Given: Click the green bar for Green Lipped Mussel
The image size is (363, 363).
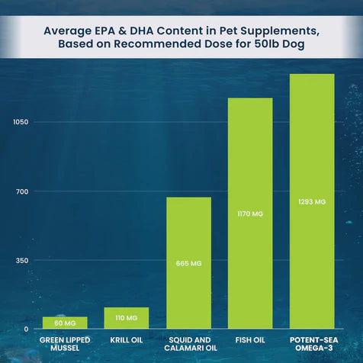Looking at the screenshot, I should [65, 323].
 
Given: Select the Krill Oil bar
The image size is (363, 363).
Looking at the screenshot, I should [127, 318].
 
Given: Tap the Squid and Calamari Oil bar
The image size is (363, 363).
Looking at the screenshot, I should [188, 263].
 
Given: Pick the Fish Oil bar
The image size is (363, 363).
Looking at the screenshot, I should [250, 214].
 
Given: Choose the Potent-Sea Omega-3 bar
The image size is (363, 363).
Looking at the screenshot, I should [312, 201].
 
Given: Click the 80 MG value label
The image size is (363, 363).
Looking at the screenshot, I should [65, 323].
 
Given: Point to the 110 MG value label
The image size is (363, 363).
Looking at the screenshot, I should [127, 317].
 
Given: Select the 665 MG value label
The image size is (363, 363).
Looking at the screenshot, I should [188, 264].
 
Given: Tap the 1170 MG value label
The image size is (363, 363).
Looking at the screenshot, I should [250, 214].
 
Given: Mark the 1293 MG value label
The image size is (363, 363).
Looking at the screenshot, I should [312, 202].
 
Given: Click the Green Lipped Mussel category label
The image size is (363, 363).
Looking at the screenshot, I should [65, 343].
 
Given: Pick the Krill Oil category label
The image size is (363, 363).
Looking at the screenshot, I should [127, 339].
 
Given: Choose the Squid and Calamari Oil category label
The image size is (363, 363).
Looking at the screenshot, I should [188, 343].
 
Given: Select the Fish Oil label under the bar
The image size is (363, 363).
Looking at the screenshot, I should [250, 339].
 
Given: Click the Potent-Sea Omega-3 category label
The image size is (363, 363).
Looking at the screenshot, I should [312, 343].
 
